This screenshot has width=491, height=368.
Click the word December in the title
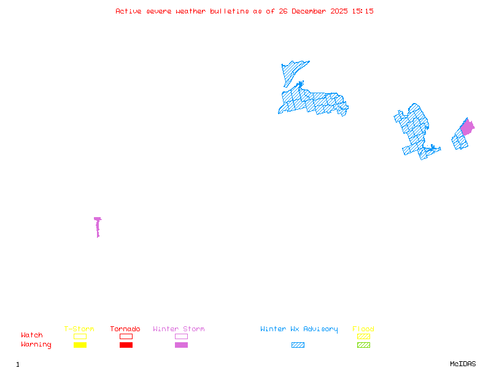click(x=311, y=11)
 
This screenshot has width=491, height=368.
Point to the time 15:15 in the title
click(x=363, y=11)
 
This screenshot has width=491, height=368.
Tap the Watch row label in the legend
click(x=32, y=335)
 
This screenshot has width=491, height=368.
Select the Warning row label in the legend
click(x=36, y=345)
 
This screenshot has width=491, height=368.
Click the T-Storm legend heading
click(x=79, y=329)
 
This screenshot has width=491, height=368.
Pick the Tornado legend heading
click(x=125, y=329)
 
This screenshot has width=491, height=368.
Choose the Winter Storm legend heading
click(x=179, y=329)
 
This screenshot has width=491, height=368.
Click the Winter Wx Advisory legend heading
click(x=299, y=329)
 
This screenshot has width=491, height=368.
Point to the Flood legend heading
click(x=363, y=329)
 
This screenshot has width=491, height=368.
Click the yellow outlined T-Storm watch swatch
click(x=80, y=336)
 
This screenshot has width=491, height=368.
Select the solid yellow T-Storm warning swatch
click(x=80, y=345)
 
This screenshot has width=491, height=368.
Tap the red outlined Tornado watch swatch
click(x=126, y=336)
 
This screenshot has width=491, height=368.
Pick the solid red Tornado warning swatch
click(x=126, y=345)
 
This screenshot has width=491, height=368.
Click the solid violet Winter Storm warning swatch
click(x=181, y=345)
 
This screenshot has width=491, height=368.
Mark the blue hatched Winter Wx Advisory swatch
click(x=298, y=345)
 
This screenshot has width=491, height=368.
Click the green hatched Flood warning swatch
click(x=363, y=345)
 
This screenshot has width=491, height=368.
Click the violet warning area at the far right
click(x=467, y=128)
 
